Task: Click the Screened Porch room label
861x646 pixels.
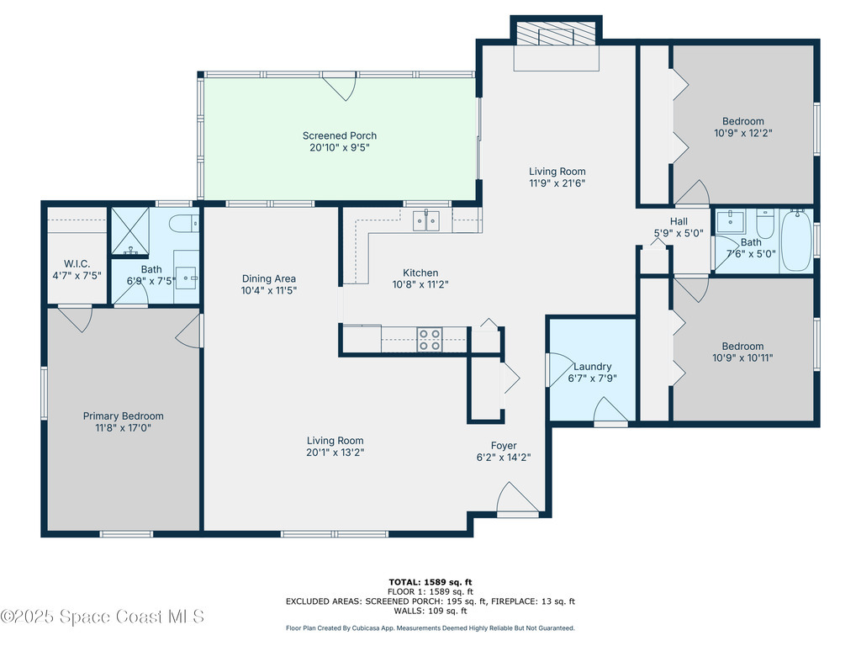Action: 340,135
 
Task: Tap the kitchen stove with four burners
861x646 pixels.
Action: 430,340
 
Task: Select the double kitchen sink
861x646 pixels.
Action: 426,221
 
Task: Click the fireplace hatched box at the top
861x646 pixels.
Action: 557,34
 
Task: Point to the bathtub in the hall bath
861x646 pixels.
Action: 796,240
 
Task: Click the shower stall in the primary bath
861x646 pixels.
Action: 130,230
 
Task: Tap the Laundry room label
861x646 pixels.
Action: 593,367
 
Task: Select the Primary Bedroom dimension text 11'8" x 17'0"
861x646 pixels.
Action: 123,428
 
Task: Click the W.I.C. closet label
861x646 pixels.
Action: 77,263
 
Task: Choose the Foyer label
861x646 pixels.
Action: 504,446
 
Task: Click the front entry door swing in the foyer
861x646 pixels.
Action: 517,499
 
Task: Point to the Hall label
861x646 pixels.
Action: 679,221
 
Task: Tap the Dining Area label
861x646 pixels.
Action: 269,278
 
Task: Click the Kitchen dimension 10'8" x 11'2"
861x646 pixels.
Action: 420,284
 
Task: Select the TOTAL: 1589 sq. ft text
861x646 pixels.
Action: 430,582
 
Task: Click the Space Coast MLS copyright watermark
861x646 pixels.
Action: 102,617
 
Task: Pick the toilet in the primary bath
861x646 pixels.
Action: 183,223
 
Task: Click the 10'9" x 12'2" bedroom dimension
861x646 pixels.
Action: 743,133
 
